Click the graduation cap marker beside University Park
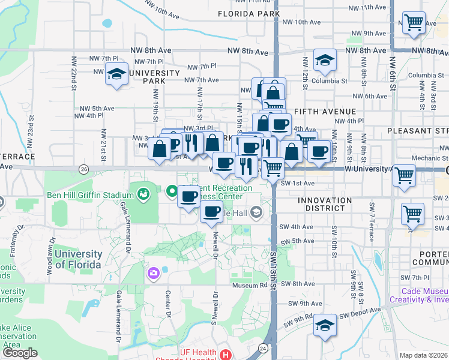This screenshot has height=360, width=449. pos(116,74)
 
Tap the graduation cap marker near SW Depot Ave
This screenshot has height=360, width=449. pos(325,325)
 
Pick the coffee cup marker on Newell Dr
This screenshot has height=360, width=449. pos(211,211)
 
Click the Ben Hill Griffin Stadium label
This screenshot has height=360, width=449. pos(98,195)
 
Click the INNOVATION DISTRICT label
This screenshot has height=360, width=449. pos(316,204)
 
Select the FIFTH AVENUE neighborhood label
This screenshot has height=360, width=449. pos(325,112)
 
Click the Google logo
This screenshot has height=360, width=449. pos(20,353)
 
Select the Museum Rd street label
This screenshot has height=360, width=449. pos(249,286)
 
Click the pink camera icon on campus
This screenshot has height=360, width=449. pos(154,274)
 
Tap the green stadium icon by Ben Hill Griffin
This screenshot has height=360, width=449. pos(143,194)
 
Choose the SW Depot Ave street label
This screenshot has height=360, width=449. pos(360,311)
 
